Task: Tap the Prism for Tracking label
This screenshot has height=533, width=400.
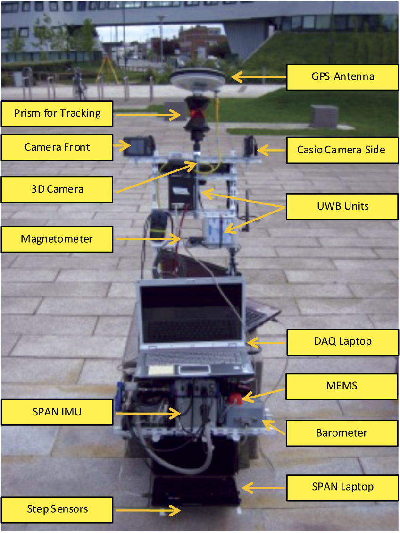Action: click(57, 113)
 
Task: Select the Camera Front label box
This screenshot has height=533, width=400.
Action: click(57, 147)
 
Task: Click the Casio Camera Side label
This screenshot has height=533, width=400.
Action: click(342, 150)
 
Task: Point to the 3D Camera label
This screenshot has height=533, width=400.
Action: click(57, 189)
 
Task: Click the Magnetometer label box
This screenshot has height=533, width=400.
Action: click(57, 239)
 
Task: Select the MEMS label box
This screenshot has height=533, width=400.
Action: click(342, 386)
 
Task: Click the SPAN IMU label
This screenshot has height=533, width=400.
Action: click(57, 412)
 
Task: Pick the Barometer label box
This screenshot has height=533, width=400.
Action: click(342, 432)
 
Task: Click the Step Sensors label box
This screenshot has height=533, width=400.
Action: click(57, 509)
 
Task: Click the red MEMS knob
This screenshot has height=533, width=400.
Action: click(236, 400)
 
